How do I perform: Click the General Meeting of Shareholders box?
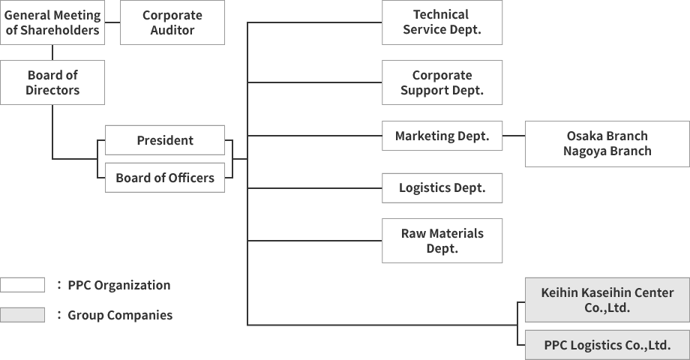click(x=52, y=22)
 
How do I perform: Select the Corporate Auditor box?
click(x=172, y=22)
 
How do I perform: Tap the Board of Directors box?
click(x=52, y=82)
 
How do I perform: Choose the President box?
click(x=165, y=140)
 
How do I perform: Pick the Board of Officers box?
click(x=165, y=178)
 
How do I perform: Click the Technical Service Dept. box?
click(x=442, y=22)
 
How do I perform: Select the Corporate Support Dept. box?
click(x=442, y=82)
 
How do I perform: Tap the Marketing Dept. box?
click(x=442, y=136)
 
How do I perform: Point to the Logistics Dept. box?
click(x=442, y=188)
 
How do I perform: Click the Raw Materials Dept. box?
click(x=442, y=241)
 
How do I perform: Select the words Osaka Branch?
click(x=607, y=136)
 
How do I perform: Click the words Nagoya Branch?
click(x=607, y=151)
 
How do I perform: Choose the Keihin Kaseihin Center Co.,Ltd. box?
click(x=607, y=300)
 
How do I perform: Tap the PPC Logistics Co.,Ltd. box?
click(x=607, y=345)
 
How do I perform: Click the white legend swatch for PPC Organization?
click(x=22, y=285)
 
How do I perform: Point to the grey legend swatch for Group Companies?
click(x=22, y=315)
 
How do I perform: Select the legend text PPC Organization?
click(x=118, y=285)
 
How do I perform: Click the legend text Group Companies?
click(x=120, y=315)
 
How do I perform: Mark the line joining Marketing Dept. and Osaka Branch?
click(x=514, y=136)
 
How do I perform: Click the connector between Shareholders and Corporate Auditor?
click(x=112, y=22)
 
